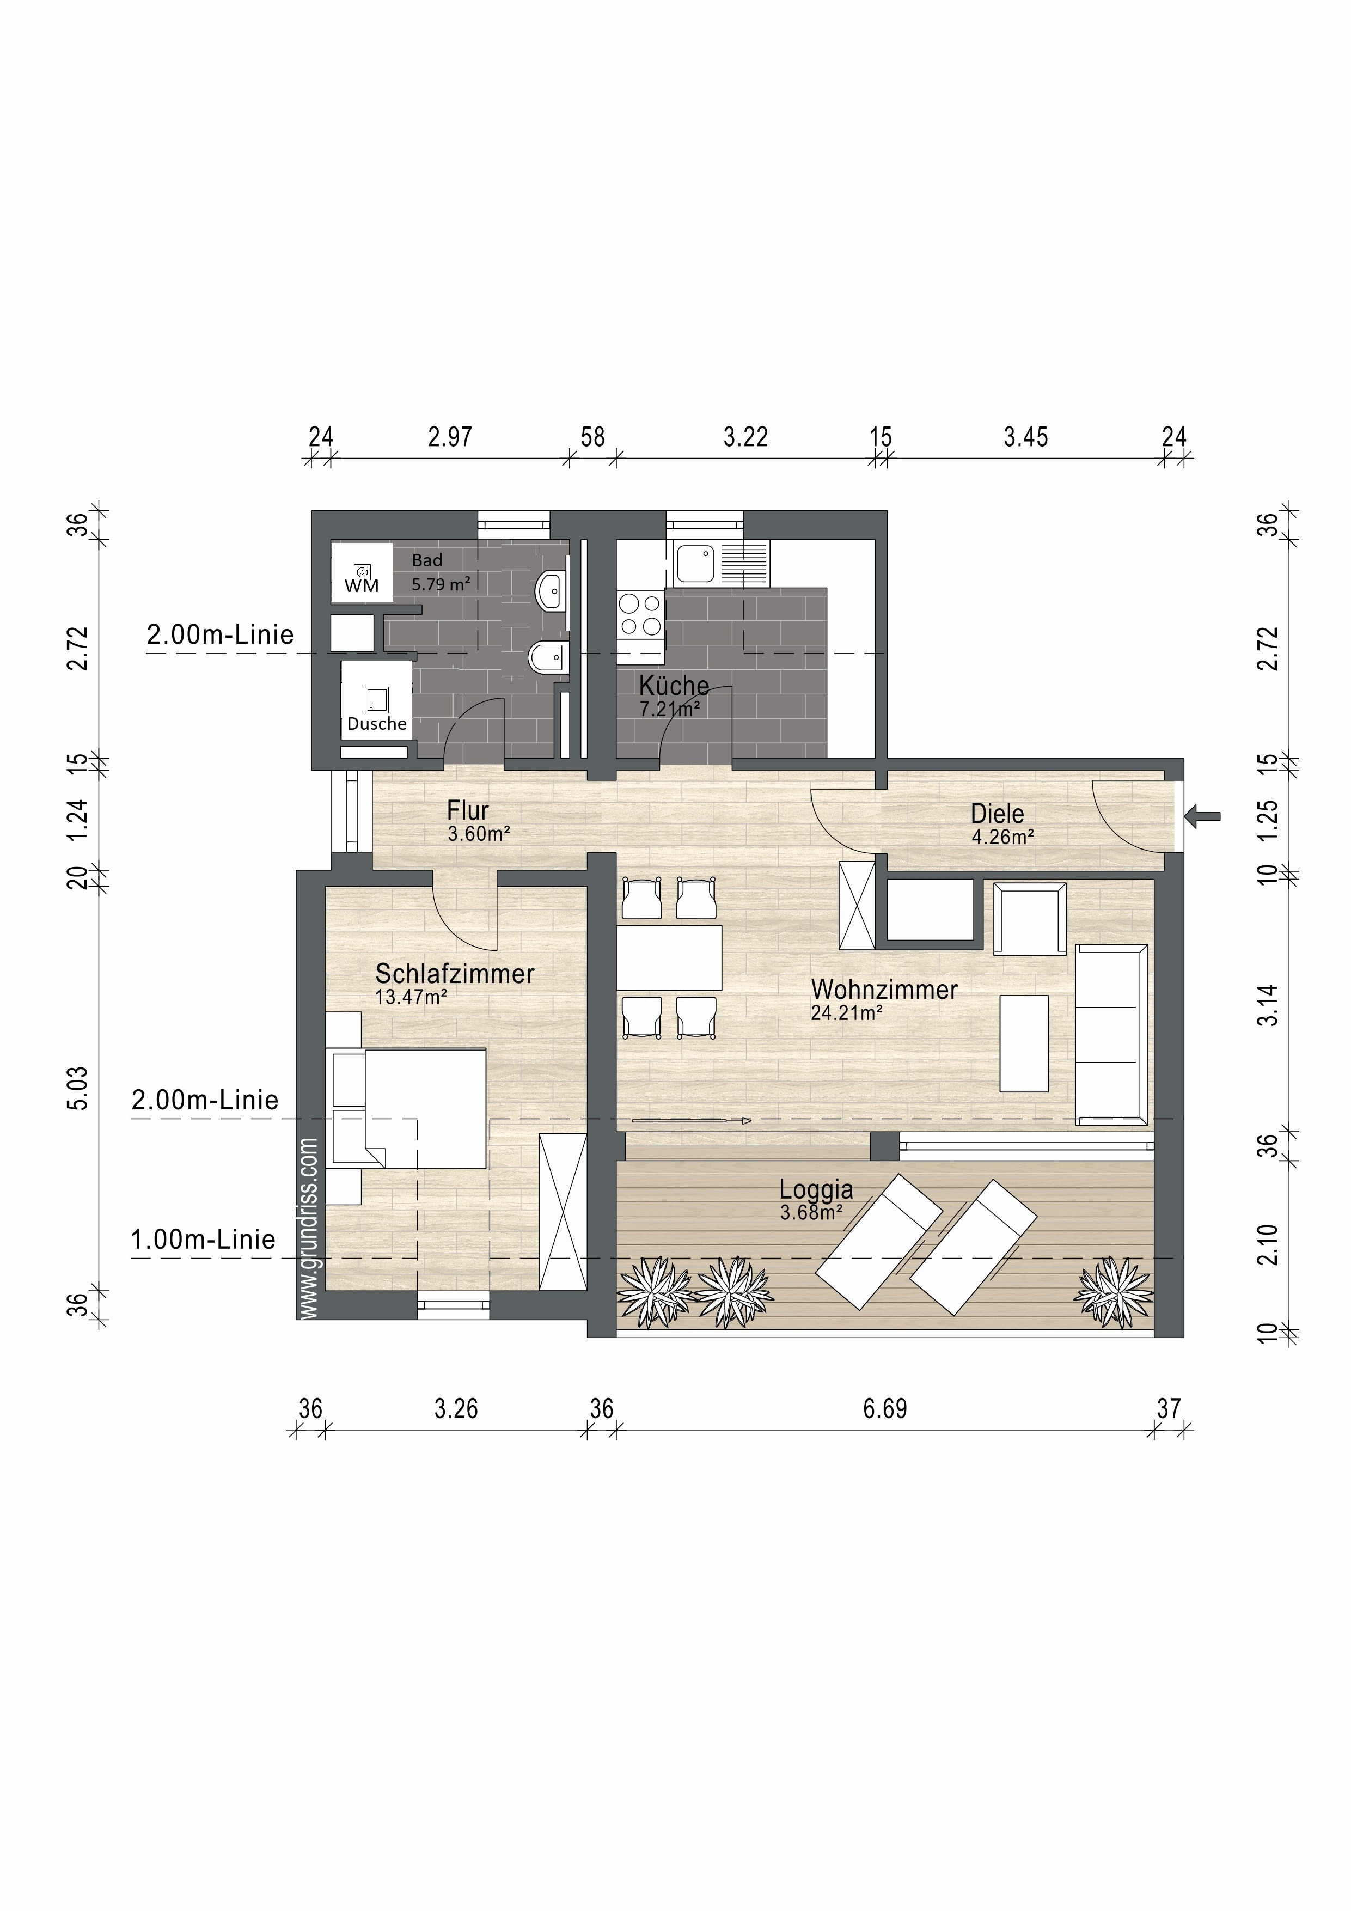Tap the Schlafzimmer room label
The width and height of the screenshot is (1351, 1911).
[455, 974]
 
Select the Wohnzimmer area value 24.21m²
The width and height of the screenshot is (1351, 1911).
[847, 1013]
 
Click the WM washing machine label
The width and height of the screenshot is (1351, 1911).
[362, 586]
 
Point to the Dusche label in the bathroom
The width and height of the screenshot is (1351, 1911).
[377, 724]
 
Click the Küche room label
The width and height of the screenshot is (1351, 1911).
[674, 686]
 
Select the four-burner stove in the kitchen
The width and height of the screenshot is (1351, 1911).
[640, 614]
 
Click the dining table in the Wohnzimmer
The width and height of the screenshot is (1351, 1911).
[669, 957]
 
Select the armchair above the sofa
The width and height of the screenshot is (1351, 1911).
[1030, 919]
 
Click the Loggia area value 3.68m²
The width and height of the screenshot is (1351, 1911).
[811, 1213]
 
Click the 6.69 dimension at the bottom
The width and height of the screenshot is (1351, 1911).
[885, 1409]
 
